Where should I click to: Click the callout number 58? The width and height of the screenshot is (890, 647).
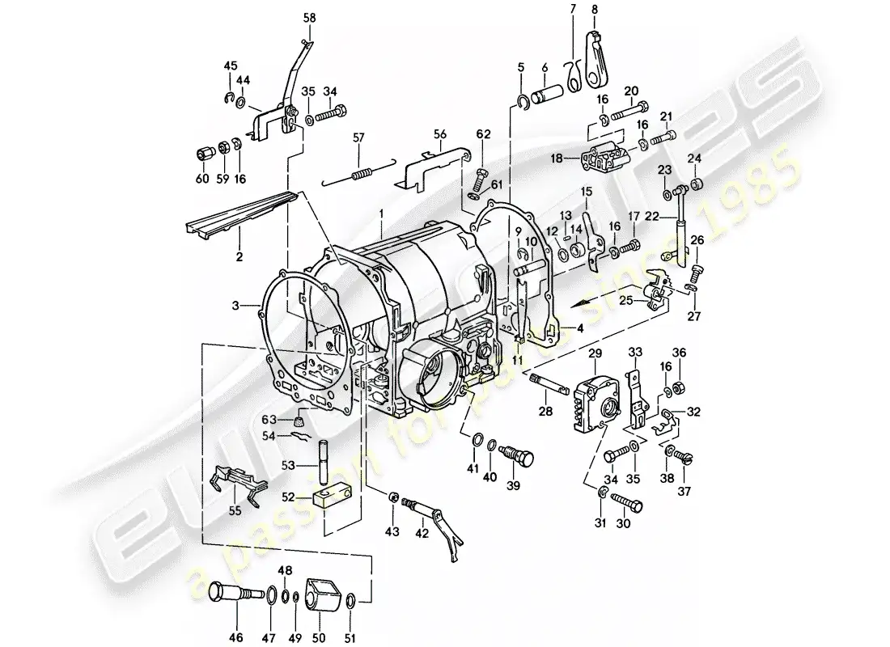coord(310,17)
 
